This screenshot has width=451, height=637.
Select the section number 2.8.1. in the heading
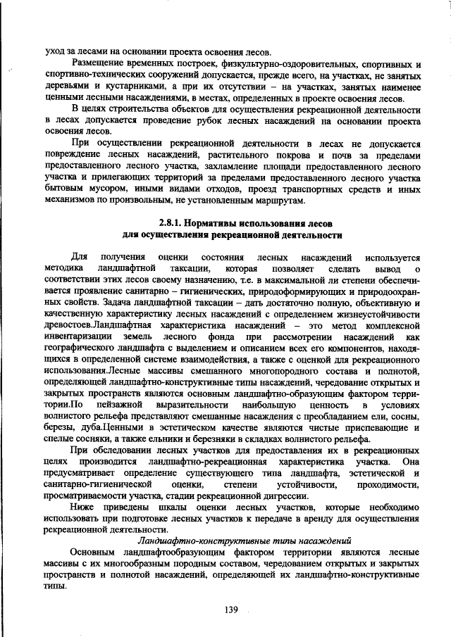click(x=175, y=223)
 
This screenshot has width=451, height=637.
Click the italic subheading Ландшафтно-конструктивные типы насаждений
click(x=244, y=541)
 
